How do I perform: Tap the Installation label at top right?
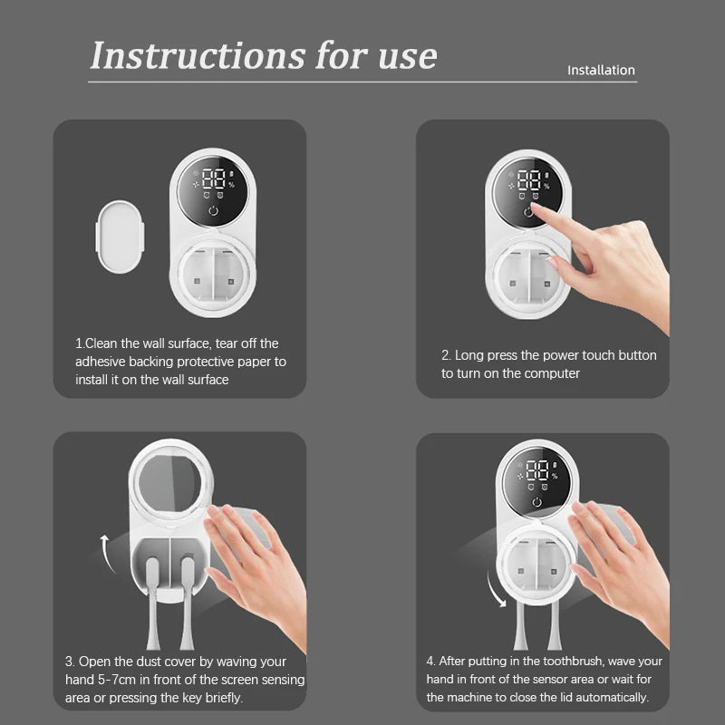(x=601, y=70)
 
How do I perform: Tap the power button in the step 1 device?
(x=213, y=212)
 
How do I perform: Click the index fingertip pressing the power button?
(x=536, y=209)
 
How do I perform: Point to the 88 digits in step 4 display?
(x=537, y=469)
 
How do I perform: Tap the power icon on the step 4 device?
(x=537, y=503)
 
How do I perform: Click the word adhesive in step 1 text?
(x=102, y=362)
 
